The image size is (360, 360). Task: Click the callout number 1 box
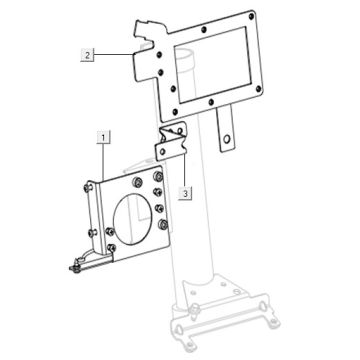coord(103,137)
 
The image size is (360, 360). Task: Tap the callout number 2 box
coord(87,55)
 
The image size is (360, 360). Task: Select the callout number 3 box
coord(185,193)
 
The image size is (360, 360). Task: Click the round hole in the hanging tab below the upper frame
coord(227,139)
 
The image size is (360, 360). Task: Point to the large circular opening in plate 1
coord(132,219)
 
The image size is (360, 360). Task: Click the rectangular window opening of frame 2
coord(213,64)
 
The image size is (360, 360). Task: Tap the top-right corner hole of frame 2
coord(251,16)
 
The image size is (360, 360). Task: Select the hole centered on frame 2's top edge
coord(204,30)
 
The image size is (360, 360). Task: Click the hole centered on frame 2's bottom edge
coord(211,102)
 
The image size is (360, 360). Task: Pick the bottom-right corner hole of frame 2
coord(258,89)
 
